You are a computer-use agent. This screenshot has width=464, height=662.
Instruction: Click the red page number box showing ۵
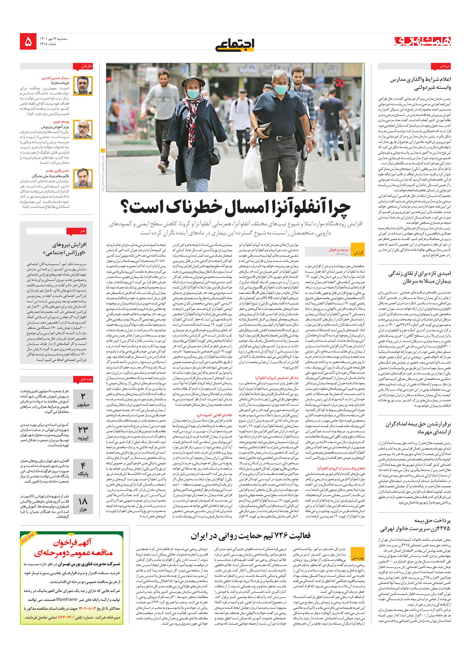click(28, 41)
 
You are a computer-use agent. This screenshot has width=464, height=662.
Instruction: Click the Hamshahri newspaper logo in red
click(422, 41)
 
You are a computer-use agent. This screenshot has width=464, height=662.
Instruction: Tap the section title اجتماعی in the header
click(235, 44)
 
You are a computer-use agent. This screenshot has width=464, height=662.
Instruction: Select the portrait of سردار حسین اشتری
click(83, 86)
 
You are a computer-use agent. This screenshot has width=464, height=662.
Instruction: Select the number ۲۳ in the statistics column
click(83, 429)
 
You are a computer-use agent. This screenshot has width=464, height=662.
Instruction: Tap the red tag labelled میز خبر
click(440, 66)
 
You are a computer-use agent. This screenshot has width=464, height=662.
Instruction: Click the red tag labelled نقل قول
click(86, 66)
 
